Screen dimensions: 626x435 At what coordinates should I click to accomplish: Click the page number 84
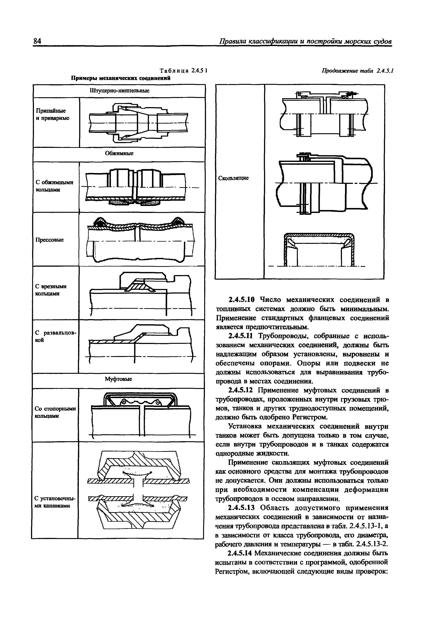(x=37, y=41)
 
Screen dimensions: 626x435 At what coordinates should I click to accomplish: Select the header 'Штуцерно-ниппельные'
(x=119, y=90)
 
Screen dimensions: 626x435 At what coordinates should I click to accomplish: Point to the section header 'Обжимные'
(x=119, y=154)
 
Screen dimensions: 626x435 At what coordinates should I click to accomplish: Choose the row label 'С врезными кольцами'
(x=51, y=290)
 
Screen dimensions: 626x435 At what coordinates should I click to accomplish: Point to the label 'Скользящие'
(x=234, y=178)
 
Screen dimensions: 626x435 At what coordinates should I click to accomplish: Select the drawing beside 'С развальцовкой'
(x=141, y=345)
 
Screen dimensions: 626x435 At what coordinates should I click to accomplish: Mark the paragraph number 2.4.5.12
(x=241, y=390)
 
